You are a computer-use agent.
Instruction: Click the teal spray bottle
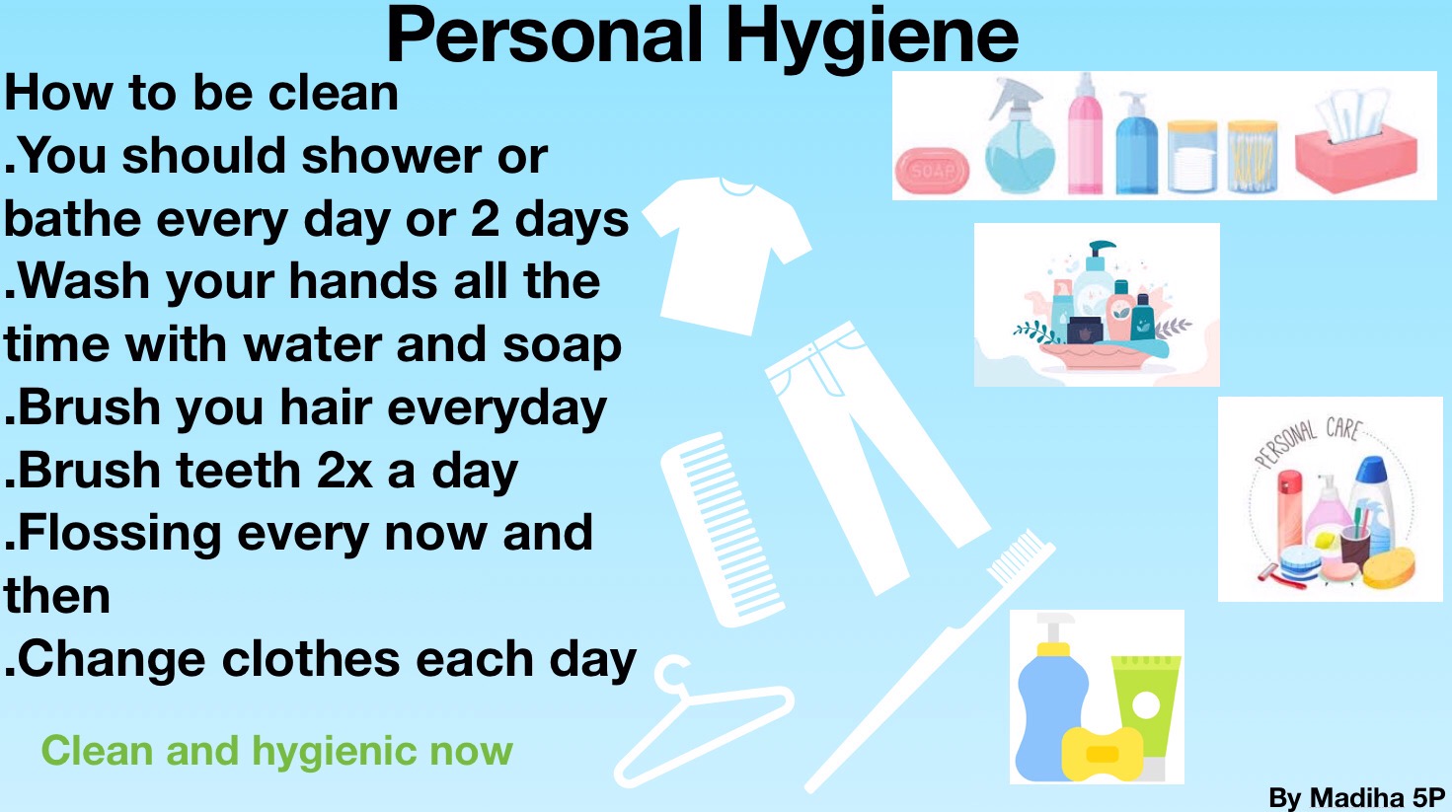pyautogui.click(x=1019, y=136)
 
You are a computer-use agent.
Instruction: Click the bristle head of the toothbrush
pyautogui.click(x=1021, y=556)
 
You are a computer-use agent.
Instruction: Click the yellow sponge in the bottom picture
pyautogui.click(x=1102, y=754)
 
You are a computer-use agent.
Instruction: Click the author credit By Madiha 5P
pyautogui.click(x=1357, y=798)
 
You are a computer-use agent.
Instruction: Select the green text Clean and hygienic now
pyautogui.click(x=276, y=751)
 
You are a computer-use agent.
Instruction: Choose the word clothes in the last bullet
pyautogui.click(x=311, y=659)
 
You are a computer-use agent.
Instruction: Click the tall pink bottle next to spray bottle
pyautogui.click(x=1085, y=135)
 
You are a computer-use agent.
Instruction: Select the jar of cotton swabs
pyautogui.click(x=1253, y=157)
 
